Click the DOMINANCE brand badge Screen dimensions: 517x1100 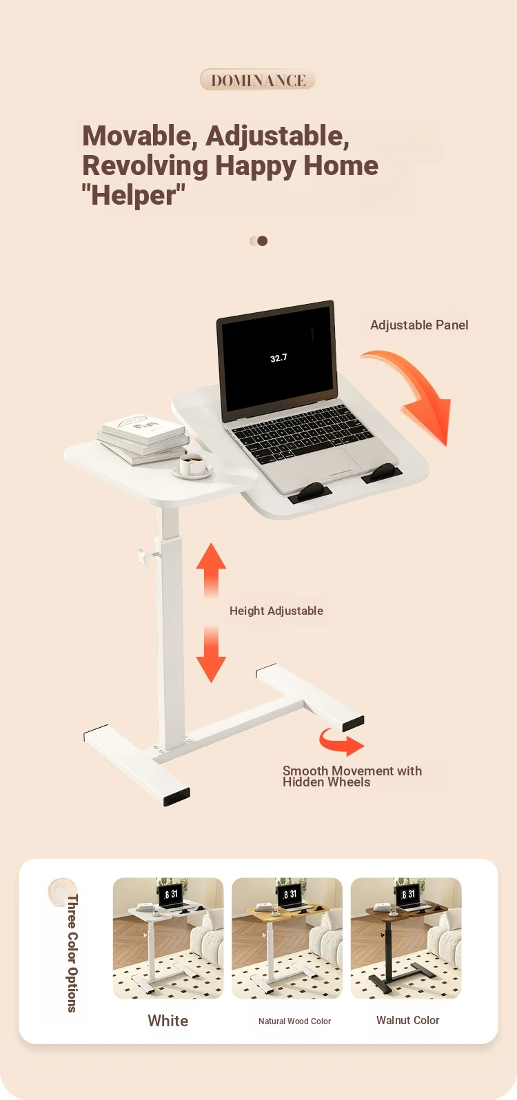258,79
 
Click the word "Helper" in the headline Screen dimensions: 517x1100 134,195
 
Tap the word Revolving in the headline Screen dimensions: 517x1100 145,166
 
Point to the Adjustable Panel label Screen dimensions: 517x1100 419,325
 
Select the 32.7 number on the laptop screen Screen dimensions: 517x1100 278,358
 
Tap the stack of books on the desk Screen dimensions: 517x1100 143,438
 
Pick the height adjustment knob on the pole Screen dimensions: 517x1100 146,556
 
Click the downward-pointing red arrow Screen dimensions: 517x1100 211,654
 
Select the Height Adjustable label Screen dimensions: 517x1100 276,611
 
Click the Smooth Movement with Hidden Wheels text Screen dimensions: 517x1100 352,776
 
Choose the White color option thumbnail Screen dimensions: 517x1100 168,938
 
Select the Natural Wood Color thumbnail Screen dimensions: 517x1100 287,938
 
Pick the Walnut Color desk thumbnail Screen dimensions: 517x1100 406,938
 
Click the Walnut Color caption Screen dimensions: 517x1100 407,1021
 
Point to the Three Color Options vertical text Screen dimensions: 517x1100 72,953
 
